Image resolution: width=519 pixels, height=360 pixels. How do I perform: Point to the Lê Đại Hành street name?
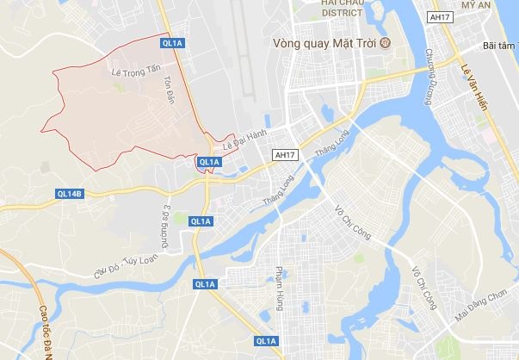pyautogui.click(x=244, y=139)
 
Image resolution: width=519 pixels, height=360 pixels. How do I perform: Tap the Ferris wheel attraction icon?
pyautogui.click(x=385, y=41)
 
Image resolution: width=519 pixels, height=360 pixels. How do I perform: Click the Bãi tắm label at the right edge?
pyautogui.click(x=499, y=45)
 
